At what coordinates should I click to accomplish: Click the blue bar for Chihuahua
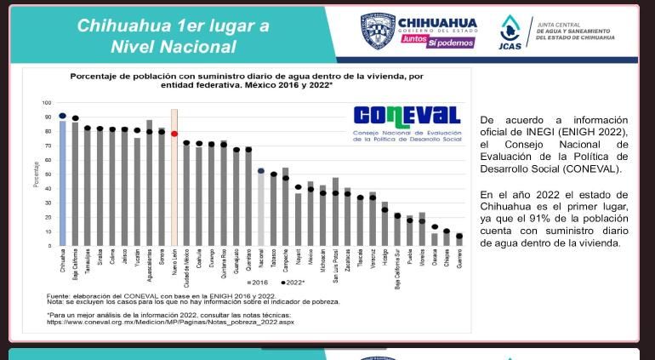coord(62,183)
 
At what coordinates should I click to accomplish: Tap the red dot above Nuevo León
coord(174,134)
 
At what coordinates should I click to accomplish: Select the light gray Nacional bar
coord(261,209)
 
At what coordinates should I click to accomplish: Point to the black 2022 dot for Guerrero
coord(459,236)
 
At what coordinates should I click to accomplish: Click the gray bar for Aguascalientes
coord(150,183)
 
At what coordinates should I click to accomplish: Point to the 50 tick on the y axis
coord(48,174)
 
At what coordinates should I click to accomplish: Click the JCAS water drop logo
coord(510,27)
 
